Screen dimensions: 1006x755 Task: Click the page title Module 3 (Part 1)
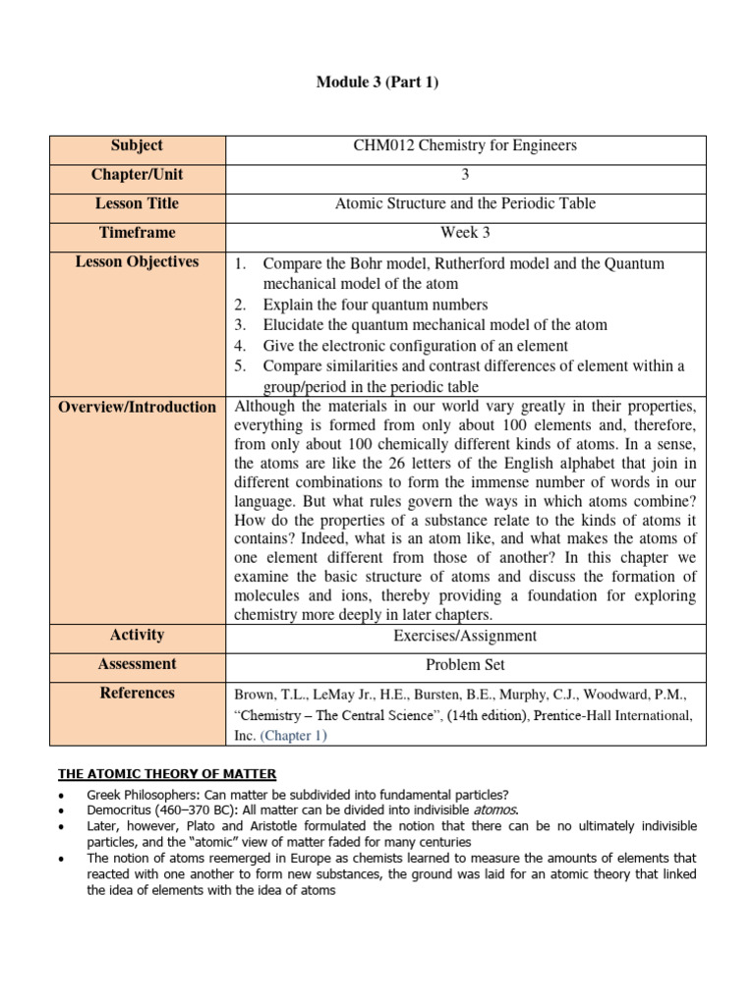pyautogui.click(x=377, y=82)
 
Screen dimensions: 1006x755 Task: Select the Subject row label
pyautogui.click(x=137, y=145)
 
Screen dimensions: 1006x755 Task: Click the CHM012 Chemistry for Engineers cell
pyautogui.click(x=465, y=146)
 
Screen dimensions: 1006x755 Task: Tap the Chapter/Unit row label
pyautogui.click(x=137, y=175)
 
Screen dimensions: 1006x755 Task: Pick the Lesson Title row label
pyautogui.click(x=137, y=203)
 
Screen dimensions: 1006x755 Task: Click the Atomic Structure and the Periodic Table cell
pyautogui.click(x=465, y=204)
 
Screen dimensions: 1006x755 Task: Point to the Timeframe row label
pyautogui.click(x=137, y=233)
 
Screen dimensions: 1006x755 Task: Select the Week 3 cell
pyautogui.click(x=465, y=233)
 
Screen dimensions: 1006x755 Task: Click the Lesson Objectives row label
pyautogui.click(x=137, y=262)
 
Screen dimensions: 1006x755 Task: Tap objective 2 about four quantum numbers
pyautogui.click(x=375, y=305)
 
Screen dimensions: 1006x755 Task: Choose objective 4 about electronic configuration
pyautogui.click(x=415, y=346)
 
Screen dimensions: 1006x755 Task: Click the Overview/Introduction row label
pyautogui.click(x=137, y=407)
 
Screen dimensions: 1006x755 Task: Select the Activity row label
pyautogui.click(x=137, y=635)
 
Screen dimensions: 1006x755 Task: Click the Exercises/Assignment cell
pyautogui.click(x=465, y=636)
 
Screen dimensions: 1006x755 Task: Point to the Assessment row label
pyautogui.click(x=137, y=664)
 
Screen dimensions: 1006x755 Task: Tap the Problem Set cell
pyautogui.click(x=465, y=665)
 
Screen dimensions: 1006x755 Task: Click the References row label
pyautogui.click(x=137, y=694)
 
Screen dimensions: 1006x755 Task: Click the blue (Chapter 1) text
pyautogui.click(x=294, y=735)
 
